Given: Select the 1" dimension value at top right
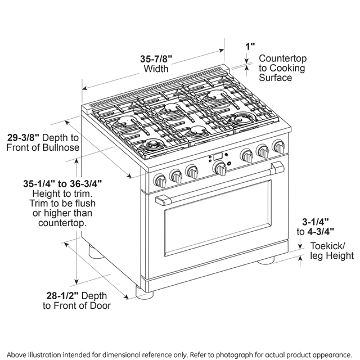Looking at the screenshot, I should click(250, 45).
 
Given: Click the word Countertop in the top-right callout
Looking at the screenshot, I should click(281, 58).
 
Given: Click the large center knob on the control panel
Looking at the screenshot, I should click(220, 167).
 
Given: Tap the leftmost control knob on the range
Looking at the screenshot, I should click(160, 180).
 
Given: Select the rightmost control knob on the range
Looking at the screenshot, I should click(279, 148).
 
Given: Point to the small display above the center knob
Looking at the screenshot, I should click(217, 157).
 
